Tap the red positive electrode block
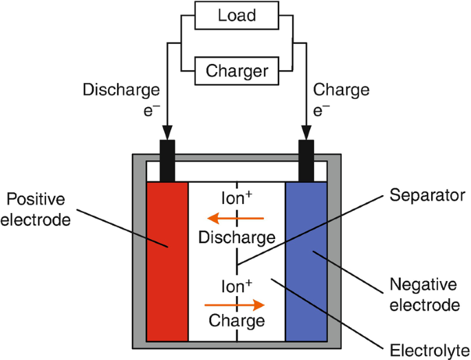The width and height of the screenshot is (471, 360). pyautogui.click(x=167, y=261)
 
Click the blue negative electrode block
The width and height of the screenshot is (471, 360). pyautogui.click(x=307, y=261)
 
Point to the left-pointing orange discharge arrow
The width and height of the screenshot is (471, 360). pyautogui.click(x=236, y=219)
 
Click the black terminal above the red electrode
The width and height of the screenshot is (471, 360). pyautogui.click(x=167, y=159)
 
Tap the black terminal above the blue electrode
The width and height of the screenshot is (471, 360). pyautogui.click(x=307, y=159)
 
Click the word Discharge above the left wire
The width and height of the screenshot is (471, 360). pyautogui.click(x=122, y=90)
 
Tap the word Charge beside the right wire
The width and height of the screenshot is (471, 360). pyautogui.click(x=341, y=90)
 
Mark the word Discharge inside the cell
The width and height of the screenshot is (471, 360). pyautogui.click(x=236, y=238)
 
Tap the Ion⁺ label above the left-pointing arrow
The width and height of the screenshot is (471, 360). pyautogui.click(x=237, y=198)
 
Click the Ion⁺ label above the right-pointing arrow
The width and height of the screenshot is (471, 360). pyautogui.click(x=237, y=284)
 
